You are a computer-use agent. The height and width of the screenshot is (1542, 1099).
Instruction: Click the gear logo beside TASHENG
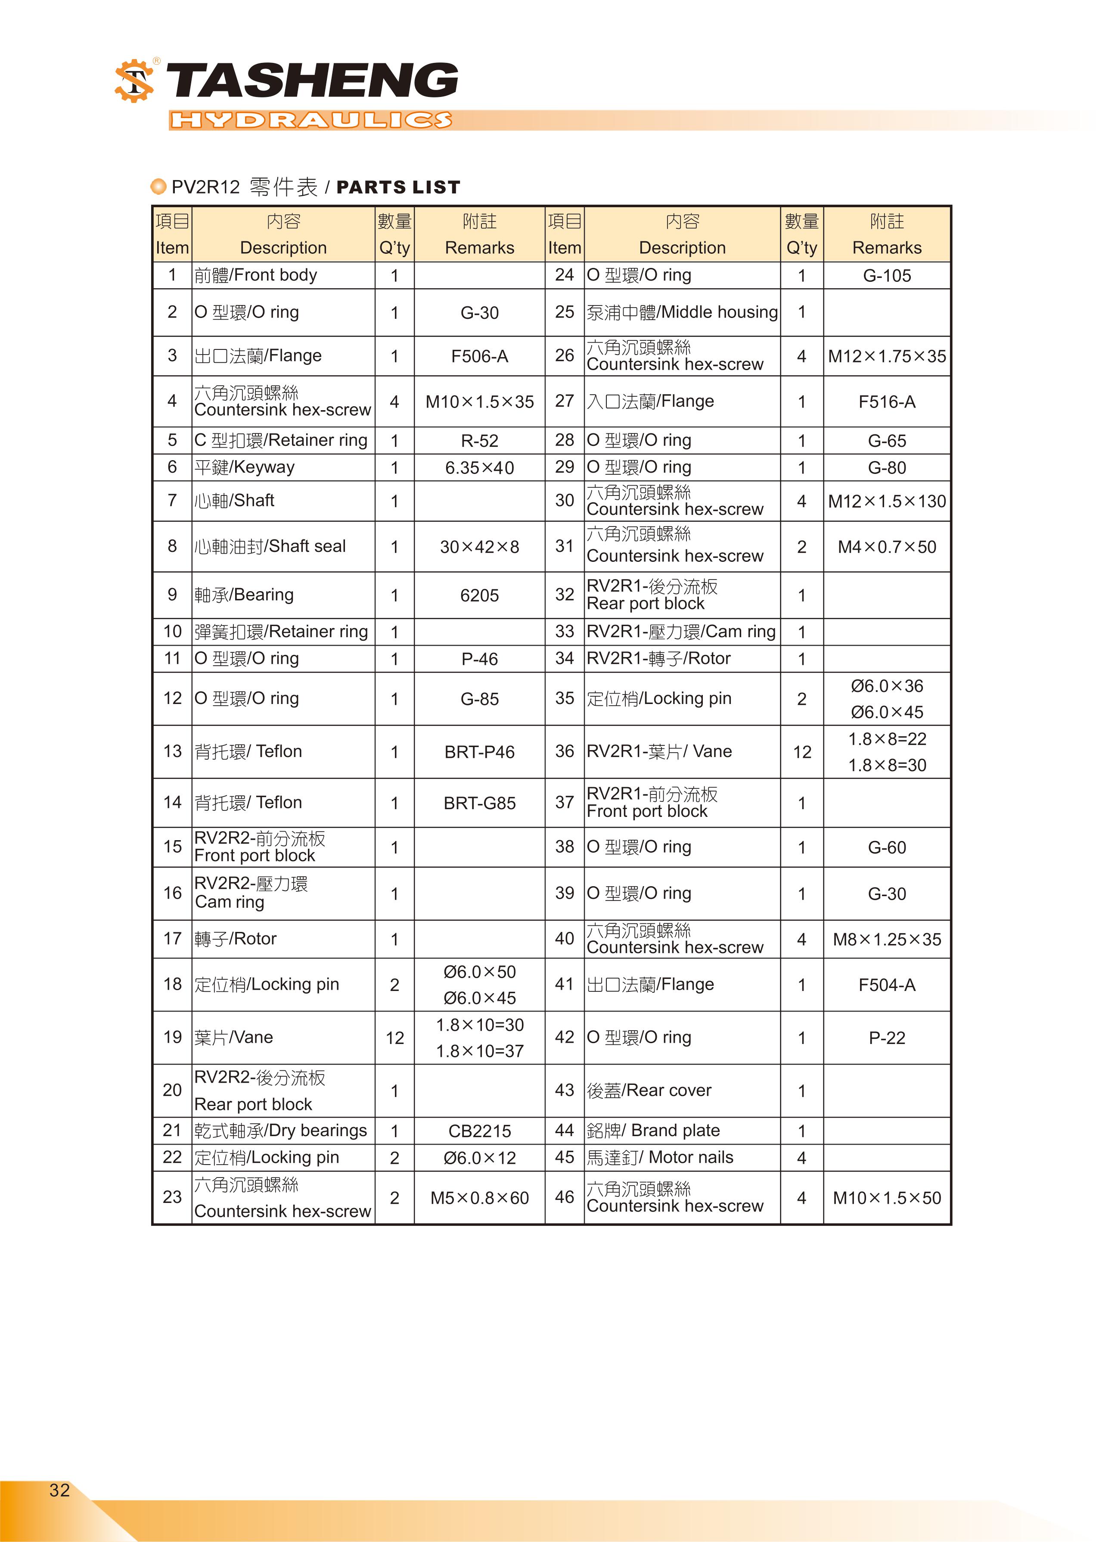point(134,81)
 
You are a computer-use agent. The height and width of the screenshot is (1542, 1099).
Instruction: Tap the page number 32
point(59,1490)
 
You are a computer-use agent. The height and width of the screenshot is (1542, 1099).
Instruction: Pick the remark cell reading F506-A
point(479,356)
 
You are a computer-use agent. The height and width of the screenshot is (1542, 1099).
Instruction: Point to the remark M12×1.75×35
point(887,356)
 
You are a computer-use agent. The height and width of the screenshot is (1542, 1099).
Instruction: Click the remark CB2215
point(479,1131)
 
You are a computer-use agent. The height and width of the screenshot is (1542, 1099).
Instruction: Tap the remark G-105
point(887,275)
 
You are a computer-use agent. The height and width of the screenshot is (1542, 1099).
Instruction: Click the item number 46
point(565,1197)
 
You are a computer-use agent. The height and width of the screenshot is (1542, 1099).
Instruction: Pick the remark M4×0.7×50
point(887,547)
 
